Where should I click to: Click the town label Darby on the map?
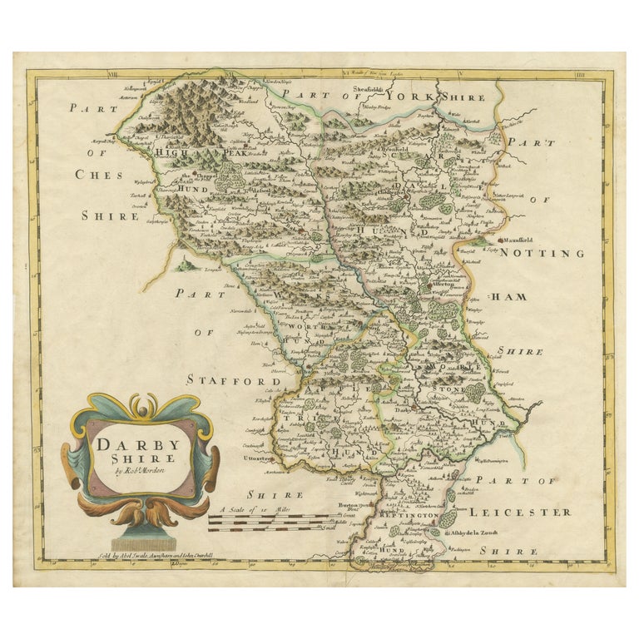coord(404,410)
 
